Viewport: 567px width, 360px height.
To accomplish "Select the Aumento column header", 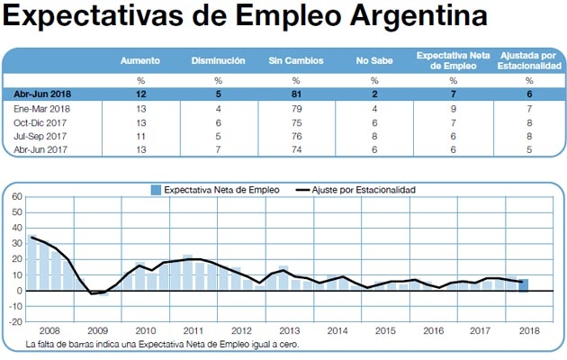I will coord(141,60).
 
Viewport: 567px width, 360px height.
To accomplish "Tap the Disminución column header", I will coord(218,60).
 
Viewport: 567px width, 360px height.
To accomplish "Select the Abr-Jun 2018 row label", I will coord(42,94).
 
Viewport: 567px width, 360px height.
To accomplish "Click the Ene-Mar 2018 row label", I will coord(42,108).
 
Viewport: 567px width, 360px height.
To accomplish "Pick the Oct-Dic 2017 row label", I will coord(41,121).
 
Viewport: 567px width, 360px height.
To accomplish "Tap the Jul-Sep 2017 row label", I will coord(41,136).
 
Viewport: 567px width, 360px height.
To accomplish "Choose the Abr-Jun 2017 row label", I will coord(41,149).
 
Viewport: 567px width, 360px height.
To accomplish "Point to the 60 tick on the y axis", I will coord(16,194).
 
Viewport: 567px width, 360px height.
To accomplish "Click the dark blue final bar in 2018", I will coord(523,285).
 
